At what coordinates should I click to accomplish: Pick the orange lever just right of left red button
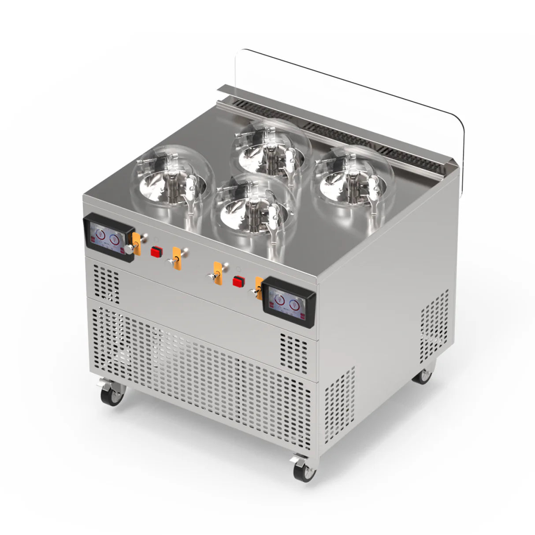click(x=177, y=258)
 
